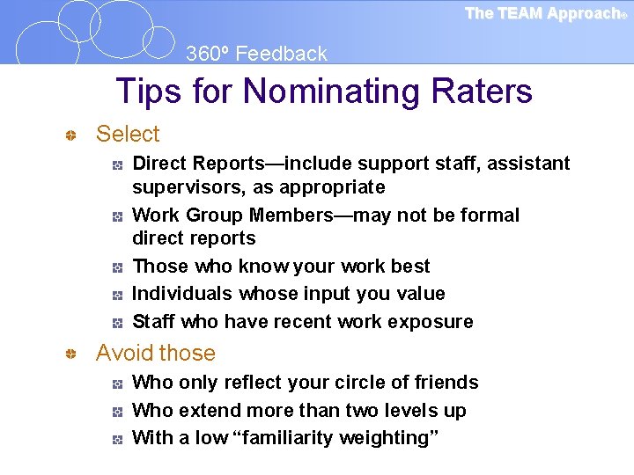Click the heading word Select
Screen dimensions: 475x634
click(128, 134)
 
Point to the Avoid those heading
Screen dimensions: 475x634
click(155, 353)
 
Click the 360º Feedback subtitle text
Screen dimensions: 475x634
click(256, 54)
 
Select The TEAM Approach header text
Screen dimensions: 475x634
click(542, 13)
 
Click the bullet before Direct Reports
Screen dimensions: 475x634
click(116, 164)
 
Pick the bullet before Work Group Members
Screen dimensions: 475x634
click(116, 216)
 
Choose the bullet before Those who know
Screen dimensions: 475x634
click(116, 267)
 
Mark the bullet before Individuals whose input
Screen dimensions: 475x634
click(116, 295)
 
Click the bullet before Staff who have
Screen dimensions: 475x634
click(116, 323)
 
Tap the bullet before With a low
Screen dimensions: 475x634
click(116, 439)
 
